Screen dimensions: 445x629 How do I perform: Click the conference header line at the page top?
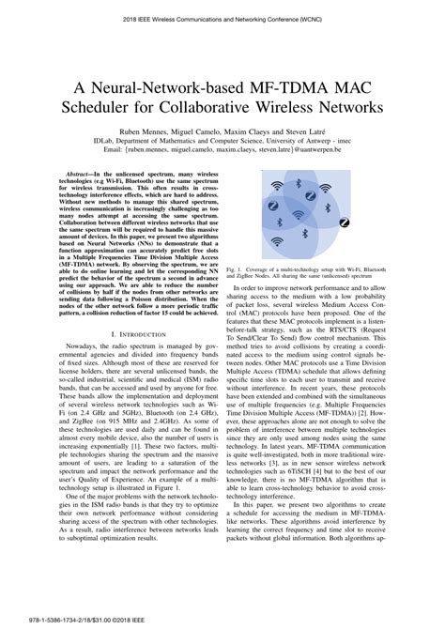click(222, 18)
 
